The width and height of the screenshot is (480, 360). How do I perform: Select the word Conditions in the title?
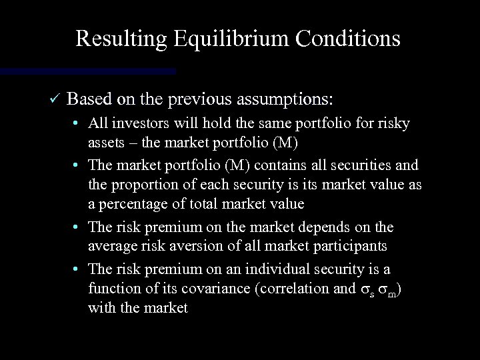[x=353, y=39]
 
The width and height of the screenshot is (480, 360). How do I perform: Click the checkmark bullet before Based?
[x=55, y=100]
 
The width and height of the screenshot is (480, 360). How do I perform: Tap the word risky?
[x=394, y=124]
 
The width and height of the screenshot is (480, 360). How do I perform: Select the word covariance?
[x=220, y=289]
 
